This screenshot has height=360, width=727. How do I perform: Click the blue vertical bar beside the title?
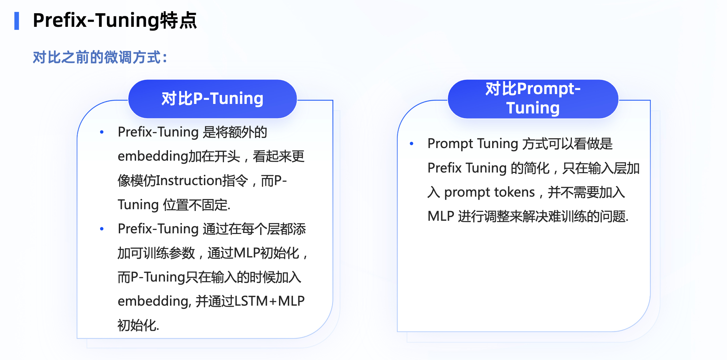pos(17,21)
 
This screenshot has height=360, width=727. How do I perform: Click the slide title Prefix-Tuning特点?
pos(115,20)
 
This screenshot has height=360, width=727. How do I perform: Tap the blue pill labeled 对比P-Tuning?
pos(212,99)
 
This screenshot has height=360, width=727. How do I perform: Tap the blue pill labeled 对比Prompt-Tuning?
pos(533,99)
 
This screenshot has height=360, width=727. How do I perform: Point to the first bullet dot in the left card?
pos(102,132)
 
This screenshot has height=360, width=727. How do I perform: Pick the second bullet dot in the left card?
pos(102,229)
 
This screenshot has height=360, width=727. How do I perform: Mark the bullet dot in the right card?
pos(412,144)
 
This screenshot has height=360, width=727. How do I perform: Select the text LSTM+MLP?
pos(269,301)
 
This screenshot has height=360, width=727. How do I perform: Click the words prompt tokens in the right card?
pos(489,192)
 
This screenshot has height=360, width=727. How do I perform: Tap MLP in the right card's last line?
pos(441,216)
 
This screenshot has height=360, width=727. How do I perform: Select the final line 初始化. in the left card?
pos(138,325)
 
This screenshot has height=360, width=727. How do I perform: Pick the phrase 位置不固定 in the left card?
pos(196,205)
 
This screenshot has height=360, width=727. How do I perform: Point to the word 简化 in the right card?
pos(537,168)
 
